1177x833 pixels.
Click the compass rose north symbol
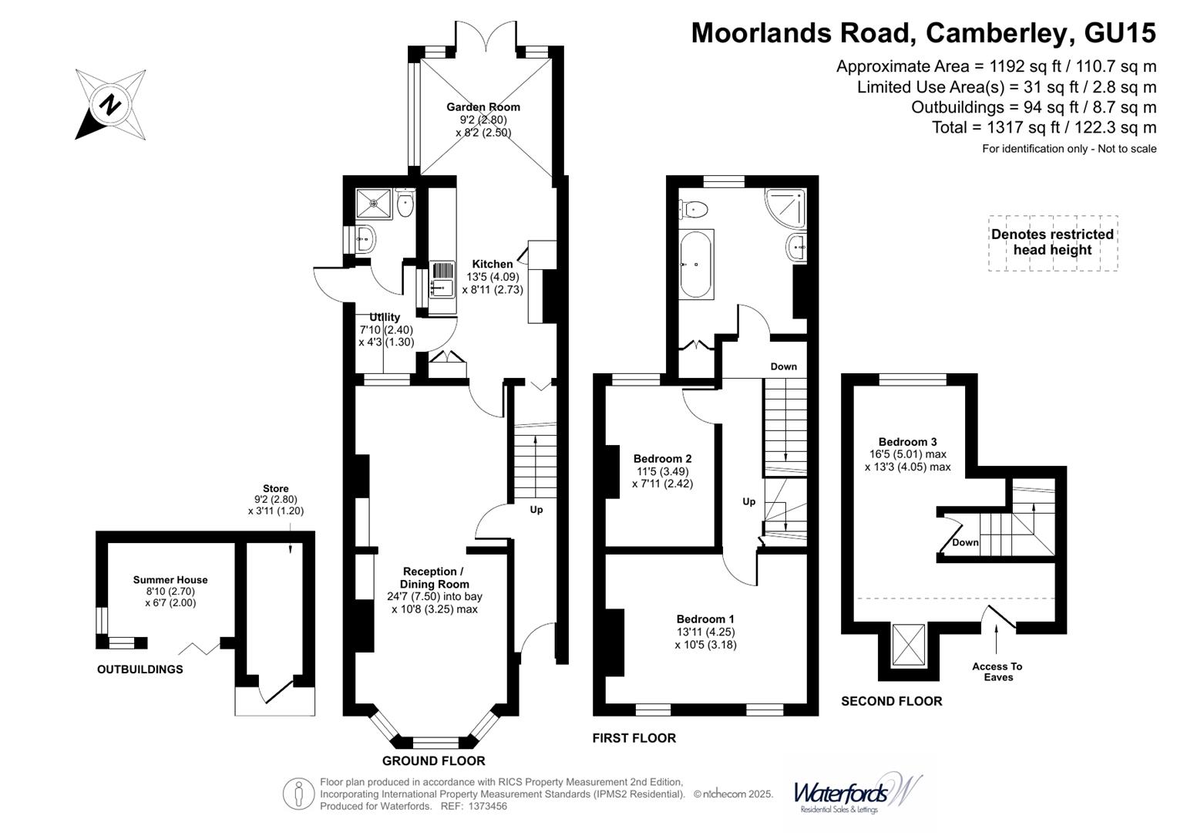110,104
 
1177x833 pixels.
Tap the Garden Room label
483,107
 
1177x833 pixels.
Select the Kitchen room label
493,264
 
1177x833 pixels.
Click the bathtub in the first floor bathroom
696,264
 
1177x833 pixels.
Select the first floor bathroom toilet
694,208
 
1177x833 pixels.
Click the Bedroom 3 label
907,442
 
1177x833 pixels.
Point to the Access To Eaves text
997,672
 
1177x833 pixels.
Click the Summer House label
170,580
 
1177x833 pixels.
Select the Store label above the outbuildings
275,488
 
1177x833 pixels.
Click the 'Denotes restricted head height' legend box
1052,242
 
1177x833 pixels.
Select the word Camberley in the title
998,32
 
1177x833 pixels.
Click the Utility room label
385,317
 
